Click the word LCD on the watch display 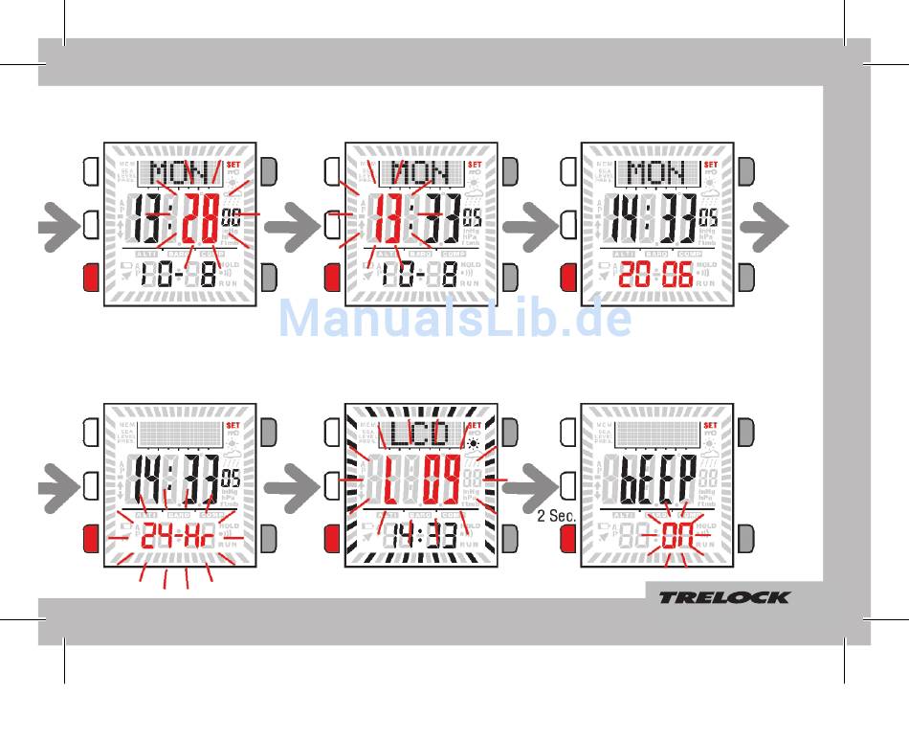pos(420,434)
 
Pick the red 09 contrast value pos(441,482)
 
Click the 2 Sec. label pos(555,516)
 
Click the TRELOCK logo pos(723,597)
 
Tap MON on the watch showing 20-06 pos(655,173)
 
